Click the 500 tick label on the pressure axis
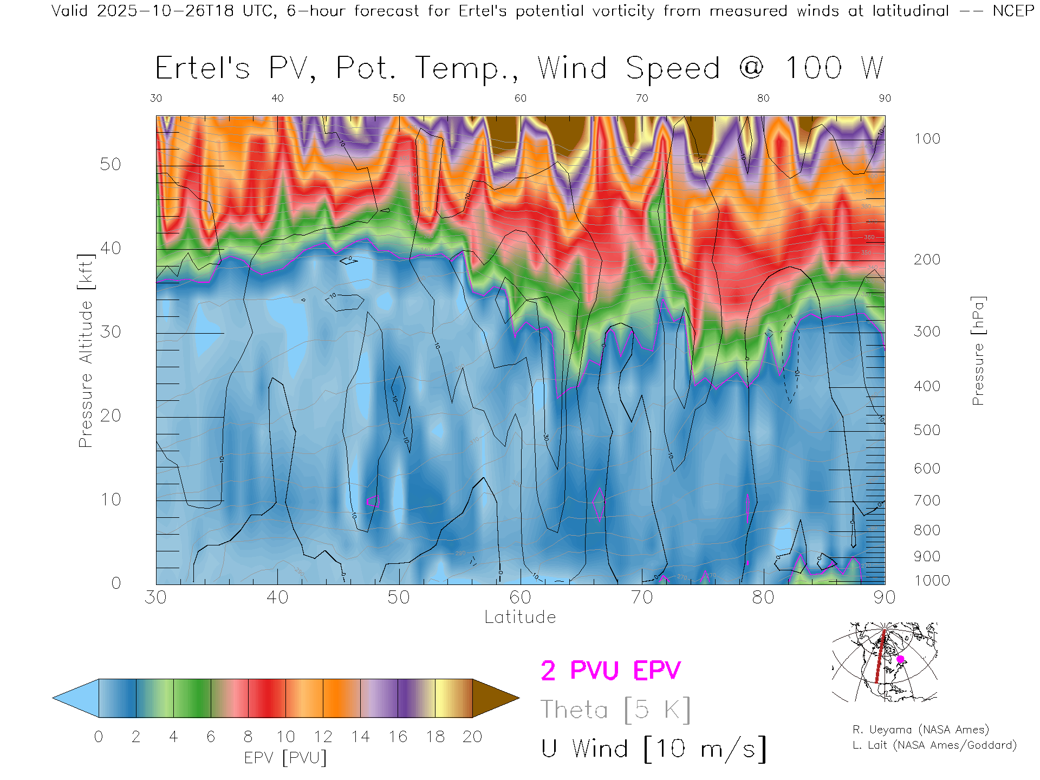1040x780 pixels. click(x=927, y=430)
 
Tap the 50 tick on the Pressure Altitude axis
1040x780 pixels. click(x=110, y=164)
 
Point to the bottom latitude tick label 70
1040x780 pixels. click(x=641, y=597)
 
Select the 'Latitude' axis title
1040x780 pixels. click(x=520, y=617)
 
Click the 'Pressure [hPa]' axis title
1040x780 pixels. click(x=978, y=350)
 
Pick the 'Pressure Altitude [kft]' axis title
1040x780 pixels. click(x=86, y=350)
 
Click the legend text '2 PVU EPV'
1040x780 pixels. click(x=610, y=671)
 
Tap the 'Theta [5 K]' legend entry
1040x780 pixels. click(x=615, y=710)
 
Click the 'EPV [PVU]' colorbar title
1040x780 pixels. click(x=285, y=758)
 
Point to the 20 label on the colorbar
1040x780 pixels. click(x=472, y=737)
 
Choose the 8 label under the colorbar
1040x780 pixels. click(x=248, y=737)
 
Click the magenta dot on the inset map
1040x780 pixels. click(x=900, y=659)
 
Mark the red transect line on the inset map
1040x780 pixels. click(x=880, y=658)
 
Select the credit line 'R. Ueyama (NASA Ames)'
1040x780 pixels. click(x=921, y=730)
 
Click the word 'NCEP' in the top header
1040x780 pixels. click(x=1013, y=11)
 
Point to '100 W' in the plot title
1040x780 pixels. click(x=834, y=68)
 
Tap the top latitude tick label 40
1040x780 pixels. click(x=277, y=98)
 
